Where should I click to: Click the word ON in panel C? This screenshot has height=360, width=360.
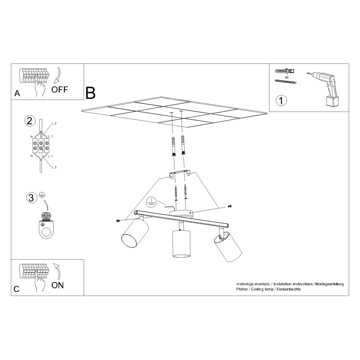(x=58, y=285)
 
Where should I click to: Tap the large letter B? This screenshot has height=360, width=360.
(x=90, y=93)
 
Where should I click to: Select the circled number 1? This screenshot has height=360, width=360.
(x=282, y=100)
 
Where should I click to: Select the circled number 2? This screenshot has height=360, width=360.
(x=29, y=121)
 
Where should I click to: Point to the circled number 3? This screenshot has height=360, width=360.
(x=30, y=198)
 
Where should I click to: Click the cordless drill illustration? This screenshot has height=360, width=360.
(x=328, y=88)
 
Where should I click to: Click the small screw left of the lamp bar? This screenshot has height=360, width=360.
(x=118, y=220)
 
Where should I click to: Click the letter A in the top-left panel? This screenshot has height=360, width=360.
(x=17, y=93)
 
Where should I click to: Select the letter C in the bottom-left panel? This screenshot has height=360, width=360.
(x=17, y=289)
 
